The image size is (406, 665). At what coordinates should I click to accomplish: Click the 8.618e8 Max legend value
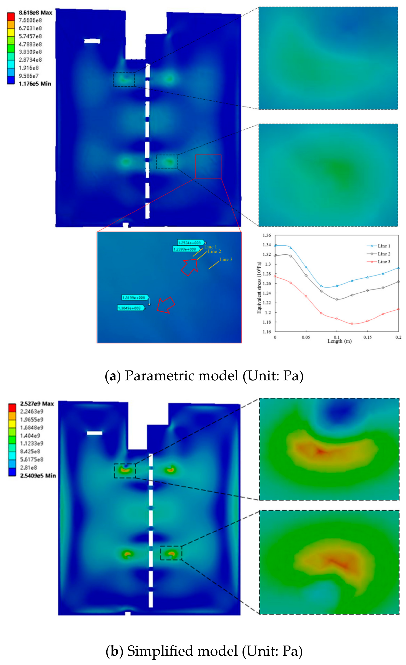tap(35, 13)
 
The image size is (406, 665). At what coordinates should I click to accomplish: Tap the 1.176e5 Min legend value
tap(34, 84)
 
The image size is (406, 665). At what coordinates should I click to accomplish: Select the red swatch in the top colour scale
tap(11, 16)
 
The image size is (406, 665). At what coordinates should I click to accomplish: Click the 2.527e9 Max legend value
tap(37, 404)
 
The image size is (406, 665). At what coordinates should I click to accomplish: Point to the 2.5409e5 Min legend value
tap(38, 476)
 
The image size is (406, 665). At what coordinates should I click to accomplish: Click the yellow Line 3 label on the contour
tap(226, 259)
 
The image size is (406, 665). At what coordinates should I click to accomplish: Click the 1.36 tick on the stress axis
tap(267, 235)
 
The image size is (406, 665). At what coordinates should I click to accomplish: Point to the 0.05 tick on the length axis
tap(306, 337)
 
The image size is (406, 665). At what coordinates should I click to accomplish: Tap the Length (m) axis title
tap(339, 341)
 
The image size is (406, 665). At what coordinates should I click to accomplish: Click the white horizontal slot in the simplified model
tap(94, 433)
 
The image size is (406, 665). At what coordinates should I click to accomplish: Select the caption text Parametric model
tap(181, 376)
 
